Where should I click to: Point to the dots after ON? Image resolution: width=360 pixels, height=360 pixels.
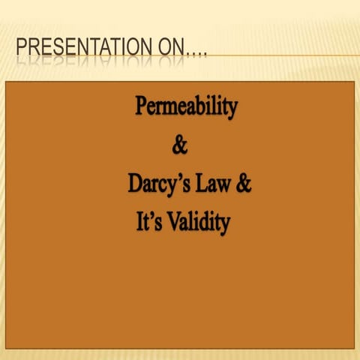coord(197,52)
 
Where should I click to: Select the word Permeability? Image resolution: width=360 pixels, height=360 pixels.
coord(186,107)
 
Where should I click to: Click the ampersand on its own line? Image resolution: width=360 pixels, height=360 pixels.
coord(180,145)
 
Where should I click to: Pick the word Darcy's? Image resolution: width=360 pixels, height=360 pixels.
coord(160,184)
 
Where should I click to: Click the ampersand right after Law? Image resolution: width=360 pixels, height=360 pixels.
coord(244,184)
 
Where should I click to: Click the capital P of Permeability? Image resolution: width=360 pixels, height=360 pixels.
coord(141,106)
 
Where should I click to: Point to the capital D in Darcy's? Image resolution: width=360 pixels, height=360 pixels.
coord(134,184)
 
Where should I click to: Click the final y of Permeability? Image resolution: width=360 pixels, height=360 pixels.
coord(232,110)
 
